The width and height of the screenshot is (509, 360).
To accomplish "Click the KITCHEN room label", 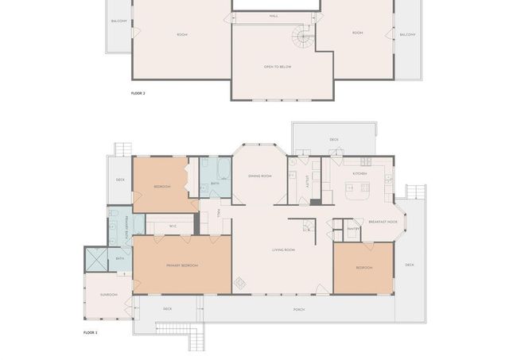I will [359, 172].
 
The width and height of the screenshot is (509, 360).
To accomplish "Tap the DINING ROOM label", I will [260, 176].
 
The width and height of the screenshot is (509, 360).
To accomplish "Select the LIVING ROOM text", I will [283, 250].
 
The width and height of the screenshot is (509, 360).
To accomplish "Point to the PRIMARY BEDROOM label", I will [182, 265].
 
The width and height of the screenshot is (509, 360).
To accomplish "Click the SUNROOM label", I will [109, 294].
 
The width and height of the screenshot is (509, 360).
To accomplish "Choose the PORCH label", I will [299, 309].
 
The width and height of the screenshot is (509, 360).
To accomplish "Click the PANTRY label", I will [354, 230].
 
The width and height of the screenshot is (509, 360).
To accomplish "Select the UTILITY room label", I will [307, 181].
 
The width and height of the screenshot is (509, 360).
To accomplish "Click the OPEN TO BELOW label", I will [278, 67].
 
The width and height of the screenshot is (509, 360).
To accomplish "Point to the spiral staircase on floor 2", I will [303, 35].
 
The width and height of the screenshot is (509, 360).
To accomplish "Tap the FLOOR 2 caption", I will [138, 93].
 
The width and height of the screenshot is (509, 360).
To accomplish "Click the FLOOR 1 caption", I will [90, 332].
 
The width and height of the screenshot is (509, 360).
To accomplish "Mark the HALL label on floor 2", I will [274, 15].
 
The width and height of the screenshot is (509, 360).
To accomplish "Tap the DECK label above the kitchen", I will [334, 139].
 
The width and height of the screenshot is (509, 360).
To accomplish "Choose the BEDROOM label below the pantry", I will [363, 268].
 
